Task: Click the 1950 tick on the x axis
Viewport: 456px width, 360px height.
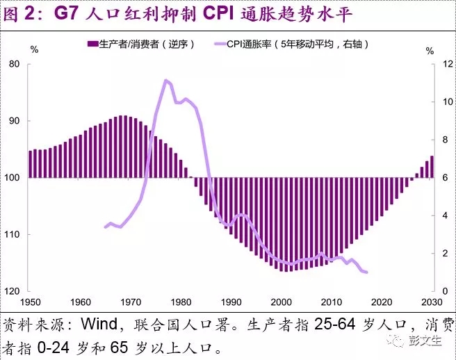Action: pyautogui.click(x=30, y=302)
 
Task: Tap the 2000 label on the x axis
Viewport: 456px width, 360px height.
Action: pyautogui.click(x=282, y=302)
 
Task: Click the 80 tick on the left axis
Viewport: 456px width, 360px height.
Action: pyautogui.click(x=15, y=65)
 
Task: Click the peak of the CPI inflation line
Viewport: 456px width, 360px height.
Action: pyautogui.click(x=165, y=81)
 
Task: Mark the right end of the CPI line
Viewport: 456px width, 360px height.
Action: pyautogui.click(x=366, y=272)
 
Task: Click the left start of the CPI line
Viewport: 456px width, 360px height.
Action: pyautogui.click(x=105, y=227)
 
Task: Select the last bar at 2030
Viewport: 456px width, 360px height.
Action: pyautogui.click(x=432, y=167)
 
